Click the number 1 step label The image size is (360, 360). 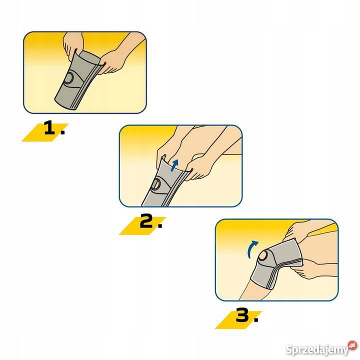coord(54,128)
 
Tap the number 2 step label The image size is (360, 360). coord(151,221)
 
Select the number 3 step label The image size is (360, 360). coord(247,315)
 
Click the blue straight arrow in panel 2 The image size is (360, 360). coord(174,165)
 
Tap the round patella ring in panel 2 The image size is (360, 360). coord(156,184)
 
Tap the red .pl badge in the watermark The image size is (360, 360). coord(352,345)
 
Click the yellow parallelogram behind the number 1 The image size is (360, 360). coord(45,132)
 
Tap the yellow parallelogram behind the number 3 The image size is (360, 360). coord(238,320)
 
